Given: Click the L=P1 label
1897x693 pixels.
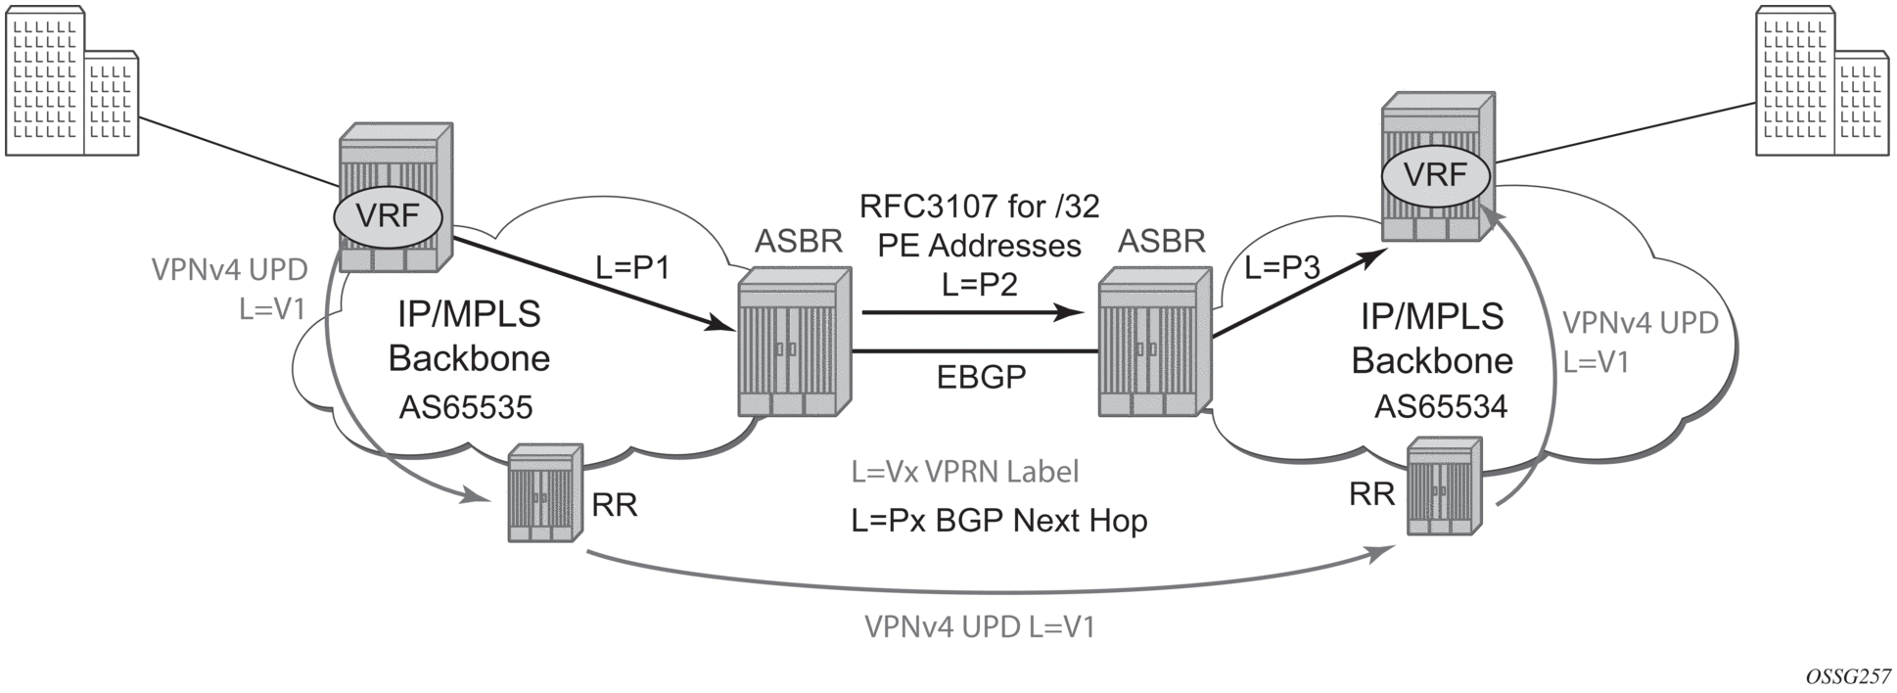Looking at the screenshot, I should pos(632,266).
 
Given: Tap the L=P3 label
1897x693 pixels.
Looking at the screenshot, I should pos(1282,267).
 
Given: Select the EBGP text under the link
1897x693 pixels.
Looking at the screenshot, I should pos(981,377).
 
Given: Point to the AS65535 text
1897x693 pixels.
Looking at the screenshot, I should pos(466,406).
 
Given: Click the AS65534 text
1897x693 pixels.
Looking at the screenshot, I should pos(1441,405).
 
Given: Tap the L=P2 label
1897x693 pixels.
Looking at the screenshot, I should pos(980,284).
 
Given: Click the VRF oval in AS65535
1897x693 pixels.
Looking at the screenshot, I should pos(389,215).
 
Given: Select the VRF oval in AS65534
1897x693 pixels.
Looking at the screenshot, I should pos(1435,175).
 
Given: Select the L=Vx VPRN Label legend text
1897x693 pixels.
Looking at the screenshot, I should pos(965,472).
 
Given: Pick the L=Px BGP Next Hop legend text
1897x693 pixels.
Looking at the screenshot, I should pos(998,520).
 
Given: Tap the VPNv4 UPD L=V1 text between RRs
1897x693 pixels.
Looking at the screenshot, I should pos(980,626).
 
